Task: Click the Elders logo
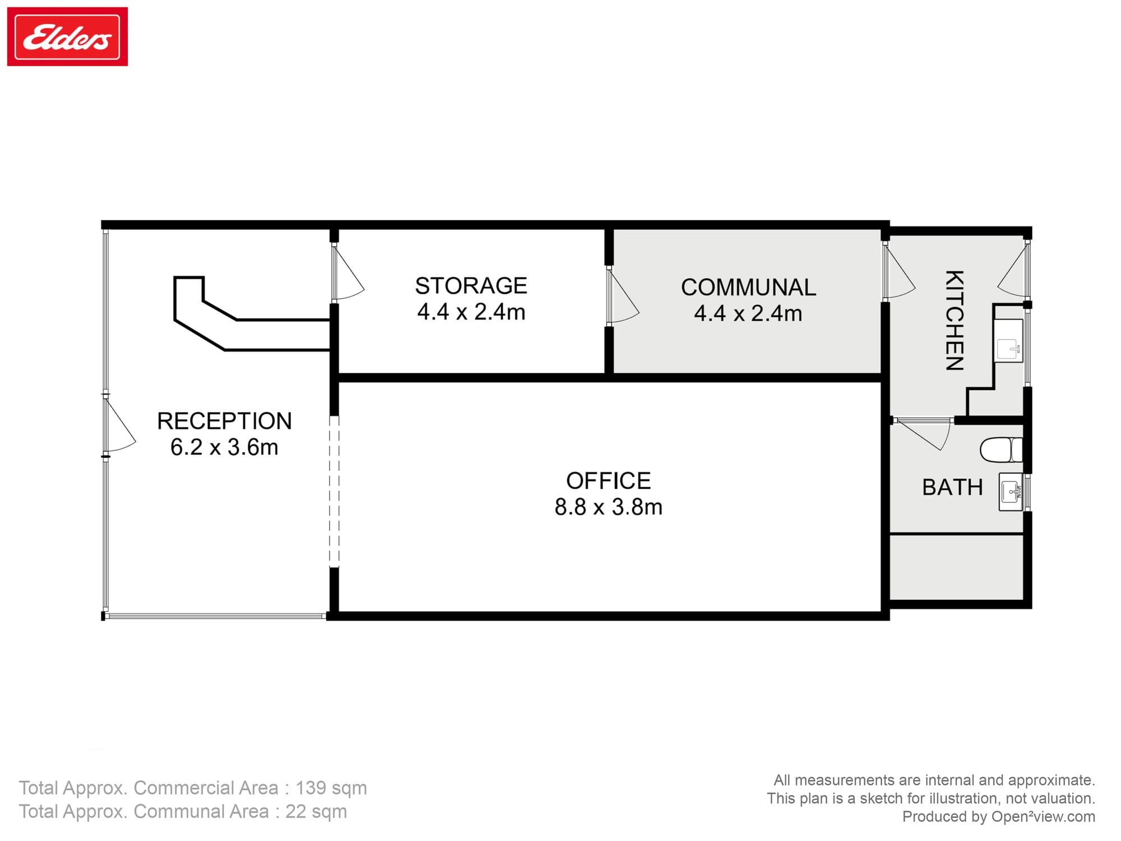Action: pyautogui.click(x=67, y=37)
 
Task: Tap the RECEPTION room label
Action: pyautogui.click(x=224, y=421)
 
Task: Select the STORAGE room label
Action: pyautogui.click(x=471, y=286)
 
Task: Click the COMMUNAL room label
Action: pyautogui.click(x=748, y=288)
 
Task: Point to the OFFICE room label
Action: pyautogui.click(x=608, y=481)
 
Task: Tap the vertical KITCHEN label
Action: pyautogui.click(x=955, y=321)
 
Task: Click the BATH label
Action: pyautogui.click(x=952, y=487)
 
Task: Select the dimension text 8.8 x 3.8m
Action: pyautogui.click(x=608, y=507)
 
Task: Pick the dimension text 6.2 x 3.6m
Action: pyautogui.click(x=224, y=447)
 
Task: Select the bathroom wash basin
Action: pyautogui.click(x=1011, y=492)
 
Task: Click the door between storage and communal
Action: pyautogui.click(x=622, y=297)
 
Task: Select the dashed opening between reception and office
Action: pyautogui.click(x=334, y=491)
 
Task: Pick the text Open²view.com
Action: pyautogui.click(x=1043, y=816)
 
